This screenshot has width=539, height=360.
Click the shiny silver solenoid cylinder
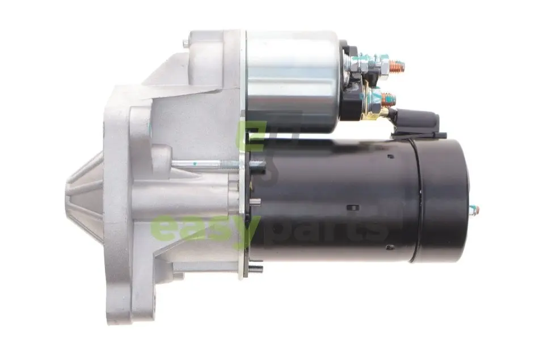[x=293, y=81]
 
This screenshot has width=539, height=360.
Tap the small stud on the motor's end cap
[x=474, y=210]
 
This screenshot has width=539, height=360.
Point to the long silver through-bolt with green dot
[x=218, y=165]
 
